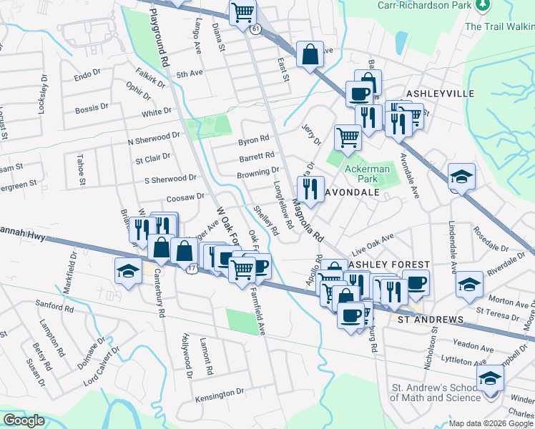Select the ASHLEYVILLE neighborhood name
point(441,94)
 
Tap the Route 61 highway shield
point(255,29)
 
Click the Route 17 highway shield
point(192,270)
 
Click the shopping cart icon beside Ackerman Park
point(348,136)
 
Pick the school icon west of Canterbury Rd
point(127,270)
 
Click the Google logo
point(24,420)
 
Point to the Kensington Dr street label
point(220,394)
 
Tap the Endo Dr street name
point(87,74)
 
